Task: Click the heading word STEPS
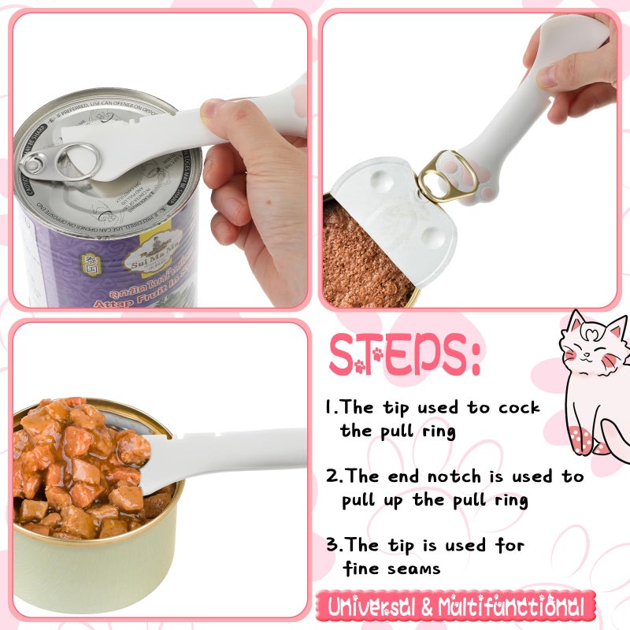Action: point(404,355)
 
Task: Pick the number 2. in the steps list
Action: point(335,476)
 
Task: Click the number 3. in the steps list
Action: point(334,545)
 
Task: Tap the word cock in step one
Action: point(519,408)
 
